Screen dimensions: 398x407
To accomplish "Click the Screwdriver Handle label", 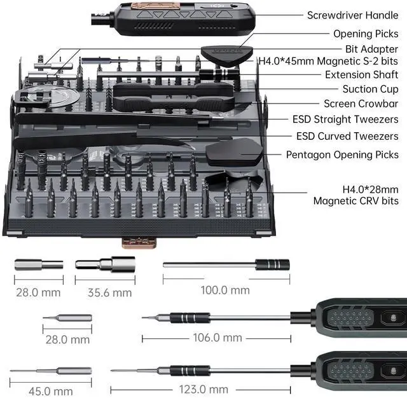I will click(352, 15).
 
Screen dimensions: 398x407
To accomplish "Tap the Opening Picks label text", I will click(366, 34).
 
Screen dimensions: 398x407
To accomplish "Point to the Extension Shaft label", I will click(361, 75).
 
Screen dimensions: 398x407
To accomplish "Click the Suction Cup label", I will click(370, 90).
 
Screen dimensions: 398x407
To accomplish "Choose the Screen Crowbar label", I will click(361, 104).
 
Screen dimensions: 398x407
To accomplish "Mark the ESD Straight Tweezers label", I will click(345, 120).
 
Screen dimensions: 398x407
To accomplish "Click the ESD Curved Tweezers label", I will click(347, 136).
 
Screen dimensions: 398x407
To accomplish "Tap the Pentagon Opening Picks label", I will click(342, 154).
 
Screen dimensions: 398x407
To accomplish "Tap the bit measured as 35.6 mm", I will click(105, 264).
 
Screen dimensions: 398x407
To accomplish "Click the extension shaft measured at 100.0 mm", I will click(226, 264).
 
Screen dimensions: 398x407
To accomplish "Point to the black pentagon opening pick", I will click(231, 151).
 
